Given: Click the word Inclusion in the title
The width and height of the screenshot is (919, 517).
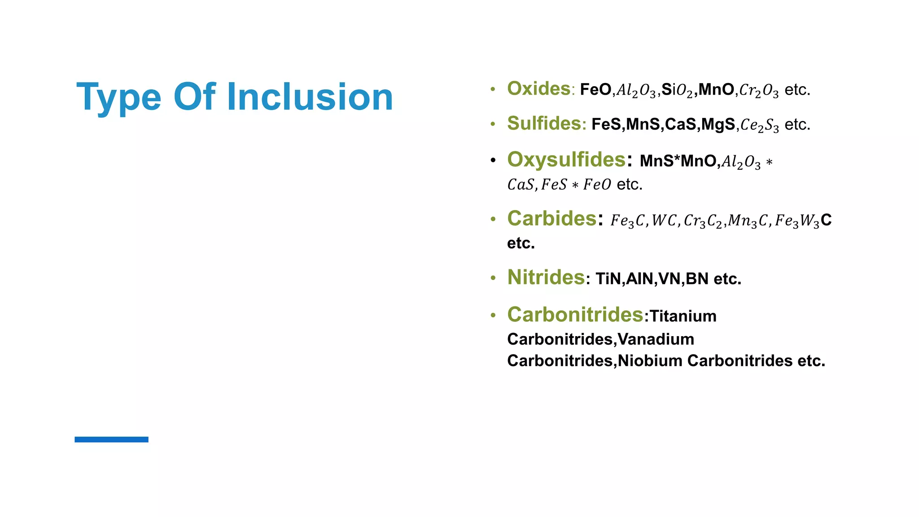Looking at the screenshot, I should click(310, 97).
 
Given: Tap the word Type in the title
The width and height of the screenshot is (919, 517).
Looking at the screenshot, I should click(119, 98).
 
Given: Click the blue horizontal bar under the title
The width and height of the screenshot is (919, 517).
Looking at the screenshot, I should click(111, 439).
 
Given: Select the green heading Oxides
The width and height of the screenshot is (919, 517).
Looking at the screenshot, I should click(538, 89).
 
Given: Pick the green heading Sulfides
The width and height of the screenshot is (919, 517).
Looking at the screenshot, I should click(544, 123).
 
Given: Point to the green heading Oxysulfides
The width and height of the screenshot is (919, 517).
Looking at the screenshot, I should click(566, 160).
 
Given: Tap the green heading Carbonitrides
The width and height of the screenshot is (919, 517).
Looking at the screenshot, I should click(575, 315).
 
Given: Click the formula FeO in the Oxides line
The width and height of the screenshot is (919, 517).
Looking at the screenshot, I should click(595, 90).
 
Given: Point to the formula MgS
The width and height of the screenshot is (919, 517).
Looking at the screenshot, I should click(718, 124).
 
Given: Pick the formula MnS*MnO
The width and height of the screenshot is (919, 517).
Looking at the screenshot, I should click(678, 161).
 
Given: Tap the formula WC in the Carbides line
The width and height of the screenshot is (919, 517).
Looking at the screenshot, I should click(664, 220).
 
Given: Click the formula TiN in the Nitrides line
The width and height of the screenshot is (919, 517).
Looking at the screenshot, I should click(608, 279).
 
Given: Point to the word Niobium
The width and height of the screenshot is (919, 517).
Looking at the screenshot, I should click(650, 361).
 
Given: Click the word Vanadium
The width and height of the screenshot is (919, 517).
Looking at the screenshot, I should click(656, 339).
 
